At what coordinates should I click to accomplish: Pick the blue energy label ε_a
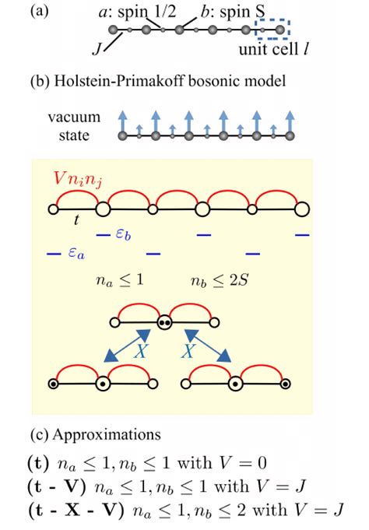pos(72,253)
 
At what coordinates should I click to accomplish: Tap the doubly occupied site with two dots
pos(164,321)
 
